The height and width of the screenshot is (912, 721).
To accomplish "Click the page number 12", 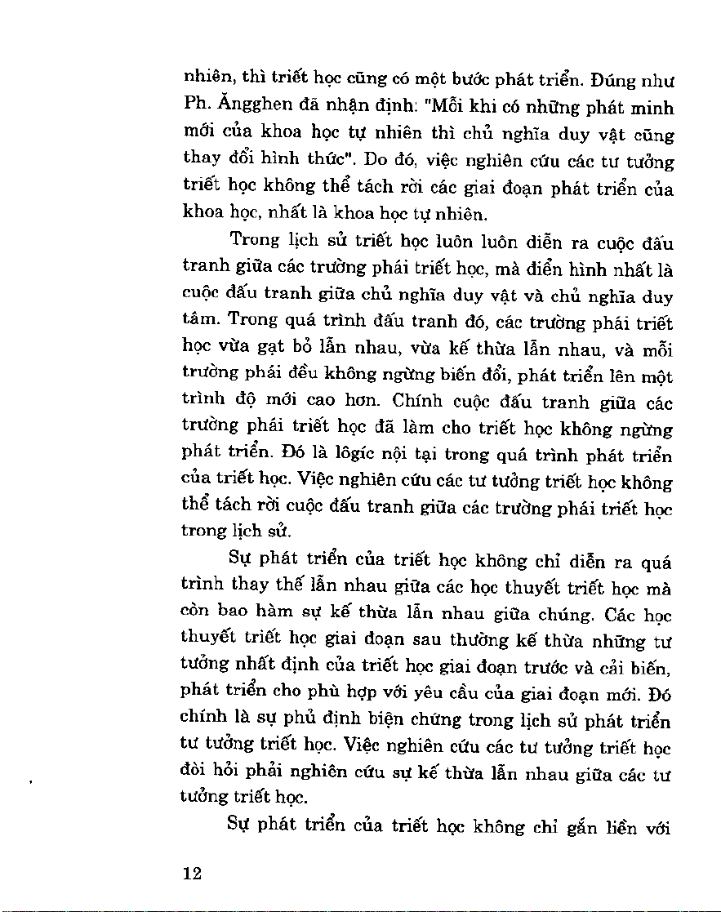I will [192, 873].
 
